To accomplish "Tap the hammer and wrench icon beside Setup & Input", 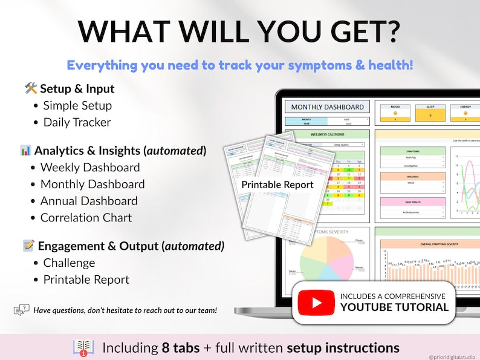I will (31, 89).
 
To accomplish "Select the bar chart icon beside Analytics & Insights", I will (25, 151).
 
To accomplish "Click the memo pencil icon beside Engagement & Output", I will (28, 246).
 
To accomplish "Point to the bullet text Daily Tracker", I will (77, 122).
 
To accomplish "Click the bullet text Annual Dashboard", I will (89, 201).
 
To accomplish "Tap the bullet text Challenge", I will (69, 263).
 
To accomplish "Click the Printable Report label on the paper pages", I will (277, 185).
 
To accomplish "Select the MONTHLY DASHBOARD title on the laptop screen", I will (328, 107).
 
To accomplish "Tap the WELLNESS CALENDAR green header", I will (327, 134).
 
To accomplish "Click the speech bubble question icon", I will (21, 310).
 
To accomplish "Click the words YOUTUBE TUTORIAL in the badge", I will (394, 307).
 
